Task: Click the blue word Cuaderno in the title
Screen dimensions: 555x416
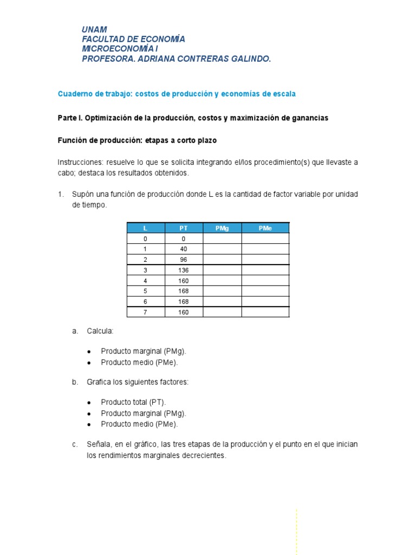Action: coord(73,94)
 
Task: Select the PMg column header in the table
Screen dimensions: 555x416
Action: coord(222,228)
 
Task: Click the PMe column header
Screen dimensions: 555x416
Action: coord(265,228)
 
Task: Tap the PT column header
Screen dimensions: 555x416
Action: coord(183,228)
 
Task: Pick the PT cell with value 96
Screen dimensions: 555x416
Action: coord(183,260)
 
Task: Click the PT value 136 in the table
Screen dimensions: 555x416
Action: coord(183,270)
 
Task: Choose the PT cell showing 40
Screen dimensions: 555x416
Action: coord(183,249)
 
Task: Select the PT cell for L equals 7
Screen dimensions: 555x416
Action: coord(183,312)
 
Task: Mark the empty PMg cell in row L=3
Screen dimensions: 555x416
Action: coord(222,270)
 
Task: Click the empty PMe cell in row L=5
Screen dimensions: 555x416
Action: coord(265,291)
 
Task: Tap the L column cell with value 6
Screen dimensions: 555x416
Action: coord(145,301)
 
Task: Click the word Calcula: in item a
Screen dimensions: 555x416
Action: coord(100,331)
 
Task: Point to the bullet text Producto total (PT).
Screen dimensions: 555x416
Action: coord(133,402)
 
